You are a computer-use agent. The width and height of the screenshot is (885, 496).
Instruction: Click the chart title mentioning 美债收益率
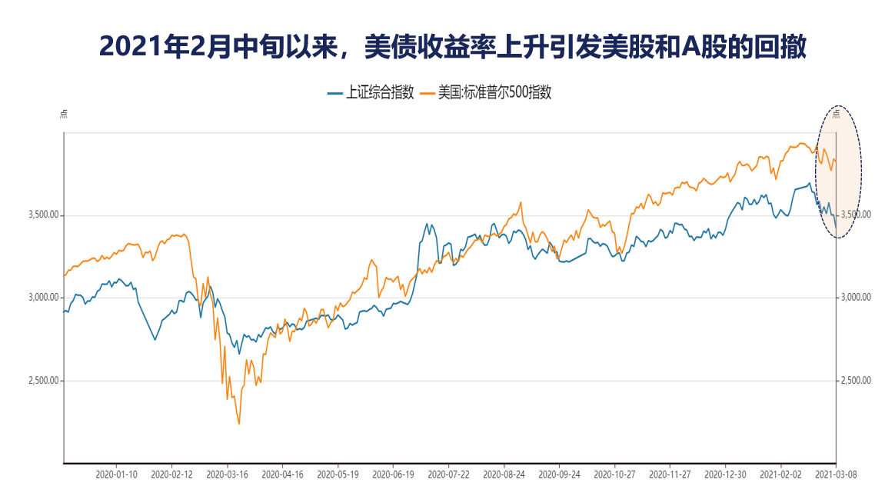(x=452, y=47)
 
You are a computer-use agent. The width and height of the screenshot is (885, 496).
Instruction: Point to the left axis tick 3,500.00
(x=42, y=215)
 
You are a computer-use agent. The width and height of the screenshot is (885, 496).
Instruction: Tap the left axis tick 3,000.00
(x=42, y=298)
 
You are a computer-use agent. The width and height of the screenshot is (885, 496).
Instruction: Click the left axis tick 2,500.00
(x=42, y=381)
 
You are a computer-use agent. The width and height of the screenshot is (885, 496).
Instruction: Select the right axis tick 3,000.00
(x=855, y=298)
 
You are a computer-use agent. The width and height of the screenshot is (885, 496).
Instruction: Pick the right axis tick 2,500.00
(x=855, y=381)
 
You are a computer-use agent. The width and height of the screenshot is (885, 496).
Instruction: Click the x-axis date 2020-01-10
(x=117, y=474)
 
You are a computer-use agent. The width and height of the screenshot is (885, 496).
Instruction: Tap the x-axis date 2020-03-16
(x=227, y=474)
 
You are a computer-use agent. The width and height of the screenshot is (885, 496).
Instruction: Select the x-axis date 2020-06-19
(x=393, y=474)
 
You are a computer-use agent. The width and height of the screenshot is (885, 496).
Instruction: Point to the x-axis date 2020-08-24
(x=504, y=474)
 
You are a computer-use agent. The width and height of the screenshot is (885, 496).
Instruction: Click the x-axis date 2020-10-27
(x=614, y=474)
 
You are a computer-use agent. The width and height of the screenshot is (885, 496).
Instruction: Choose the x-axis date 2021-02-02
(x=781, y=474)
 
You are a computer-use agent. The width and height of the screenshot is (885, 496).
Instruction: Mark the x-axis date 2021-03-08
(x=836, y=474)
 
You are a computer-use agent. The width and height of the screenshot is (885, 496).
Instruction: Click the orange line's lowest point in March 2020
(x=239, y=424)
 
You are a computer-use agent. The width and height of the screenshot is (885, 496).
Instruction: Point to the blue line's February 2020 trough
(x=155, y=339)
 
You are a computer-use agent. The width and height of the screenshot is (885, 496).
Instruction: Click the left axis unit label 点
(x=64, y=114)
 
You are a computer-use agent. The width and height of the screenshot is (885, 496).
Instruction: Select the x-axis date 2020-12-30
(x=726, y=474)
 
